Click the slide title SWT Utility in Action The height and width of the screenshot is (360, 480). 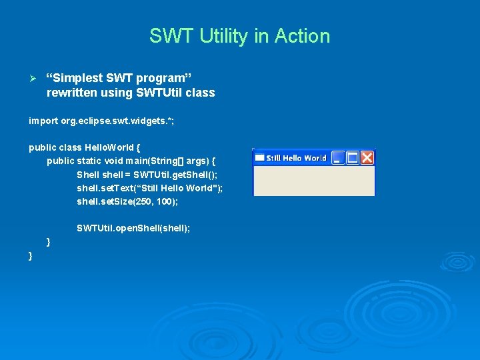click(x=239, y=36)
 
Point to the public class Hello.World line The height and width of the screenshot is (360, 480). click(x=84, y=147)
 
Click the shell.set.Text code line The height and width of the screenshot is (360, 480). click(x=149, y=188)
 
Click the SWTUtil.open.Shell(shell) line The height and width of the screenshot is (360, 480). click(x=133, y=228)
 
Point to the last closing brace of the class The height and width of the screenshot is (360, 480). click(x=31, y=256)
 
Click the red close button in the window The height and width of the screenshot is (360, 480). click(x=367, y=158)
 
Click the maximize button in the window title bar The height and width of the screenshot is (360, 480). click(x=353, y=158)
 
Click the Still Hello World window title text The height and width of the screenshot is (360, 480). click(x=296, y=158)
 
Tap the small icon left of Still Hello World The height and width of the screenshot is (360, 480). click(x=259, y=158)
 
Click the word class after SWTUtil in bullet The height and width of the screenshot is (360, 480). click(x=201, y=93)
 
